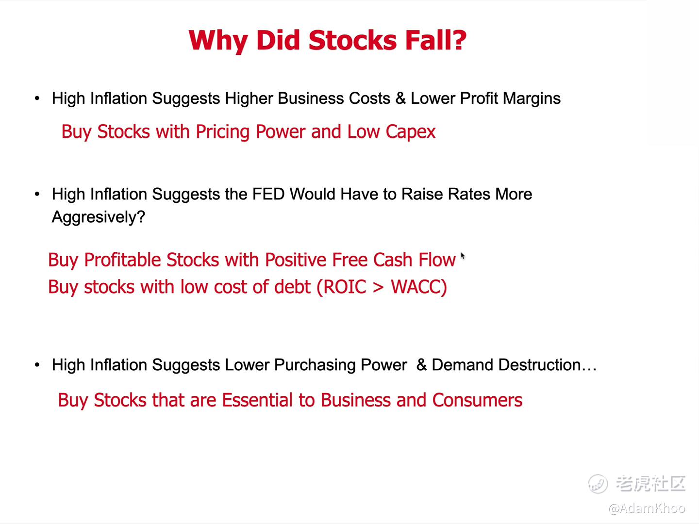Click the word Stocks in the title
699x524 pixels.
352,40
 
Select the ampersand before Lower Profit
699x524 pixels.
400,98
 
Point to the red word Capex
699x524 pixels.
411,132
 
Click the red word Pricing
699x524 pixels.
223,132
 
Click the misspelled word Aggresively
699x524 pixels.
99,218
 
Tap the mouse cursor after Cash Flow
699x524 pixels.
463,256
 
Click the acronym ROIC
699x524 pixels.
345,287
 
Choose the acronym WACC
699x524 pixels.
416,287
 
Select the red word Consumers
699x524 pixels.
477,400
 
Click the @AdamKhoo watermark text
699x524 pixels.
647,508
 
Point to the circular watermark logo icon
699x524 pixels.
598,484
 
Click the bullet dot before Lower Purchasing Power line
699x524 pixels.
37,365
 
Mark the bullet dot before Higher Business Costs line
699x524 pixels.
37,98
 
